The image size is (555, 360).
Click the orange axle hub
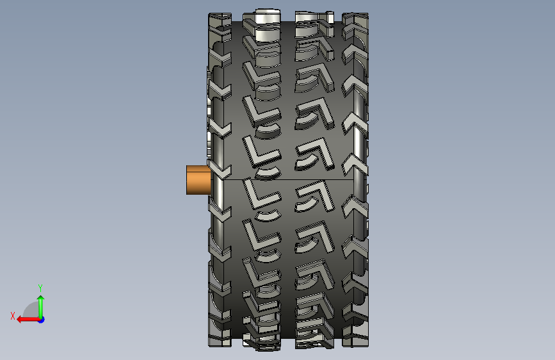tap(198, 180)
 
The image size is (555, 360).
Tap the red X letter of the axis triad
tap(13, 316)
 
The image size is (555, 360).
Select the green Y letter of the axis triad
tap(40, 288)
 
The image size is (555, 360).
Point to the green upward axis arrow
tap(41, 307)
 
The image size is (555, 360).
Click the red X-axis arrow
tap(28, 320)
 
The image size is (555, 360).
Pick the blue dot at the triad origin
tap(42, 320)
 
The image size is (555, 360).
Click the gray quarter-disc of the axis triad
tap(31, 310)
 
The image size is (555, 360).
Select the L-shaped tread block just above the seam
tap(261, 153)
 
